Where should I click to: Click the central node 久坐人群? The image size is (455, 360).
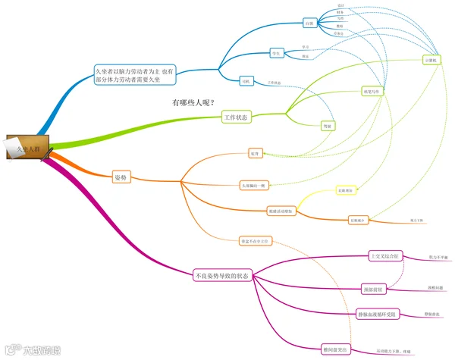coord(28,147)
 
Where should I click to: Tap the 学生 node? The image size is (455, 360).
coord(277,53)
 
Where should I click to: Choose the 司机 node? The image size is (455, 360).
coord(245,80)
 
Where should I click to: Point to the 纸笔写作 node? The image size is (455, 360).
coord(369,91)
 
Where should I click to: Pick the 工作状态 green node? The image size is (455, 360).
coord(237,117)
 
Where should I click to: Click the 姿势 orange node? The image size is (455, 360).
coord(121,177)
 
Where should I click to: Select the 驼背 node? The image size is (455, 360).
coord(256,154)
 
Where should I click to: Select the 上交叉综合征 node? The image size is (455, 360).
coord(382,256)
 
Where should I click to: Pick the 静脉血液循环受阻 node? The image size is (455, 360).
coord(378,315)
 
